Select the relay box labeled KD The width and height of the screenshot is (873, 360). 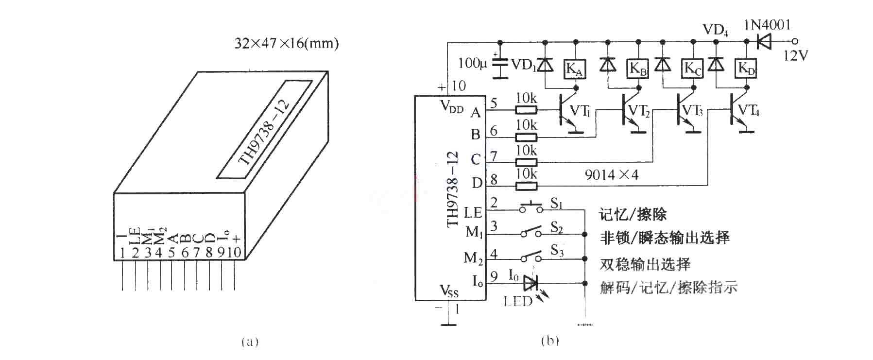coord(747,69)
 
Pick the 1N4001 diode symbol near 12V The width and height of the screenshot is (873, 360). coord(765,41)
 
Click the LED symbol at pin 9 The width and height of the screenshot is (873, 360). coord(531,282)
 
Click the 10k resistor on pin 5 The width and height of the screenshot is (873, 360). coord(526,110)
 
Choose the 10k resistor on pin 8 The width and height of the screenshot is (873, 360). coord(526,185)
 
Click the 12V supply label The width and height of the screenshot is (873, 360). coord(796,56)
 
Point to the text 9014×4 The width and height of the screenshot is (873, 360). coord(612,175)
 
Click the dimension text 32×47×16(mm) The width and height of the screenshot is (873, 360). coord(287,44)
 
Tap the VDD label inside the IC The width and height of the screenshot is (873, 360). coord(452,107)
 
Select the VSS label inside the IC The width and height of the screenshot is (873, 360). coord(449,291)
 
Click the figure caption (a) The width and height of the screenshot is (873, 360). coord(250,342)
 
